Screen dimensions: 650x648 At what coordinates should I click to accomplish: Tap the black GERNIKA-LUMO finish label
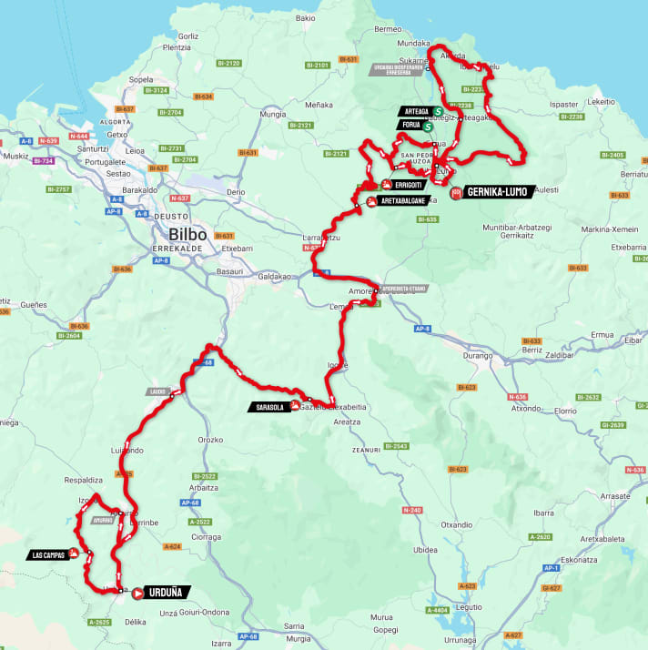click(498, 192)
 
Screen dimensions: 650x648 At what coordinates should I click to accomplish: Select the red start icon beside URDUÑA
click(138, 593)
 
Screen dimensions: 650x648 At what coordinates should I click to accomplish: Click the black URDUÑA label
click(169, 593)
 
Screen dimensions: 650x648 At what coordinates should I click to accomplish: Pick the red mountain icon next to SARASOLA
click(295, 406)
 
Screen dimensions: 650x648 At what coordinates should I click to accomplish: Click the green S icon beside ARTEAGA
click(438, 112)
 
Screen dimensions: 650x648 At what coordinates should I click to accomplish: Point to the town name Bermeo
click(388, 29)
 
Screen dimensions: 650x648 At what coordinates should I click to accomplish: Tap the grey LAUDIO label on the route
click(156, 391)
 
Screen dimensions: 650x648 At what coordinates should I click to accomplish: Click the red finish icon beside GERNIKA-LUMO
click(455, 192)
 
